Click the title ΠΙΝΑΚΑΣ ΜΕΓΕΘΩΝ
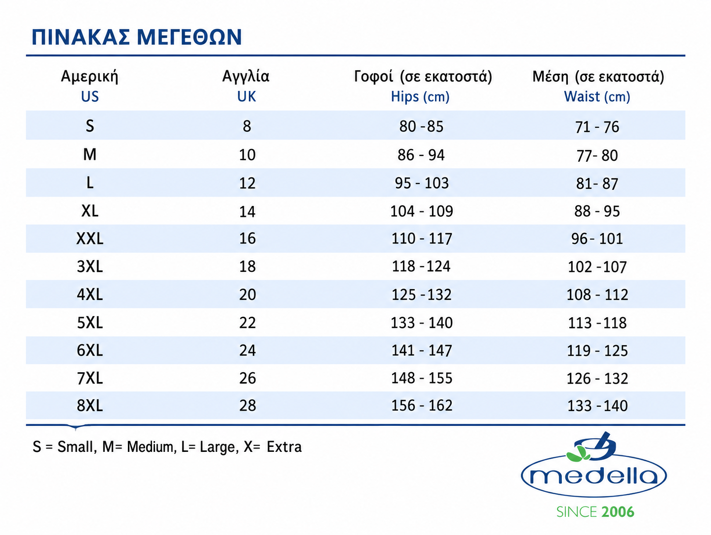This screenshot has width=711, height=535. click(x=137, y=37)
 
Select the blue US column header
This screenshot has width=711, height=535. click(x=90, y=96)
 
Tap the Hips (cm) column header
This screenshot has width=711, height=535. click(x=420, y=97)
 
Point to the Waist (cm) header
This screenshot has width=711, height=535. click(x=597, y=97)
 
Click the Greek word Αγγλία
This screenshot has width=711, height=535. click(x=246, y=77)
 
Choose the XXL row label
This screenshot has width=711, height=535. click(x=90, y=238)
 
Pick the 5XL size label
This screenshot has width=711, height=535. click(x=90, y=323)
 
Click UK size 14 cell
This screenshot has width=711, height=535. click(x=247, y=211)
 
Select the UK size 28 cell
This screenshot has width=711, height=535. click(x=247, y=406)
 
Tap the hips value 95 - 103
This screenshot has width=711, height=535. click(x=421, y=183)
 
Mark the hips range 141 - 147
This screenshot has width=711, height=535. click(x=421, y=351)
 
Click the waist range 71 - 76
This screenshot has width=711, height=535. click(x=597, y=127)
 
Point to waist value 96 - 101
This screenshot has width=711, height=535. click(x=597, y=239)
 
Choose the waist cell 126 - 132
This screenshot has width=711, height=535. click(x=597, y=378)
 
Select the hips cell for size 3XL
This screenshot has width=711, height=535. click(x=421, y=267)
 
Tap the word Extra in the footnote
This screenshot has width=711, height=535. click(x=284, y=447)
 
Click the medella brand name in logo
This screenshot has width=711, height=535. click(x=593, y=476)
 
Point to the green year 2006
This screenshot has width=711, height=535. click(x=618, y=512)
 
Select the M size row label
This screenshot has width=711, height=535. click(x=90, y=155)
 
